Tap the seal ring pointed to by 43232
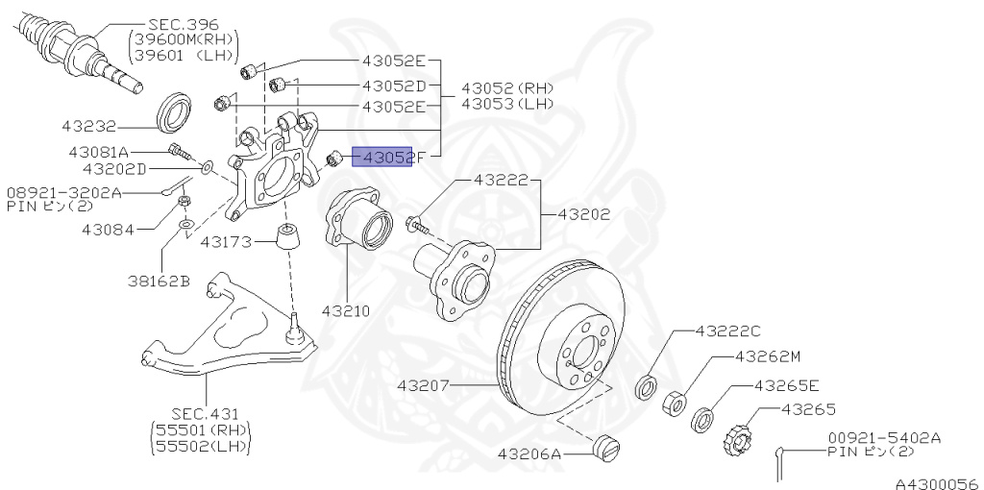pyautogui.click(x=174, y=112)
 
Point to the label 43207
pyautogui.click(x=424, y=387)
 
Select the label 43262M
pyautogui.click(x=768, y=355)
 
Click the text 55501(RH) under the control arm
pyautogui.click(x=200, y=429)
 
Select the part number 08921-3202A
pyautogui.click(x=64, y=191)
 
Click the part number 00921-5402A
pyautogui.click(x=885, y=438)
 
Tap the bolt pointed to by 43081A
pyautogui.click(x=177, y=151)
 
